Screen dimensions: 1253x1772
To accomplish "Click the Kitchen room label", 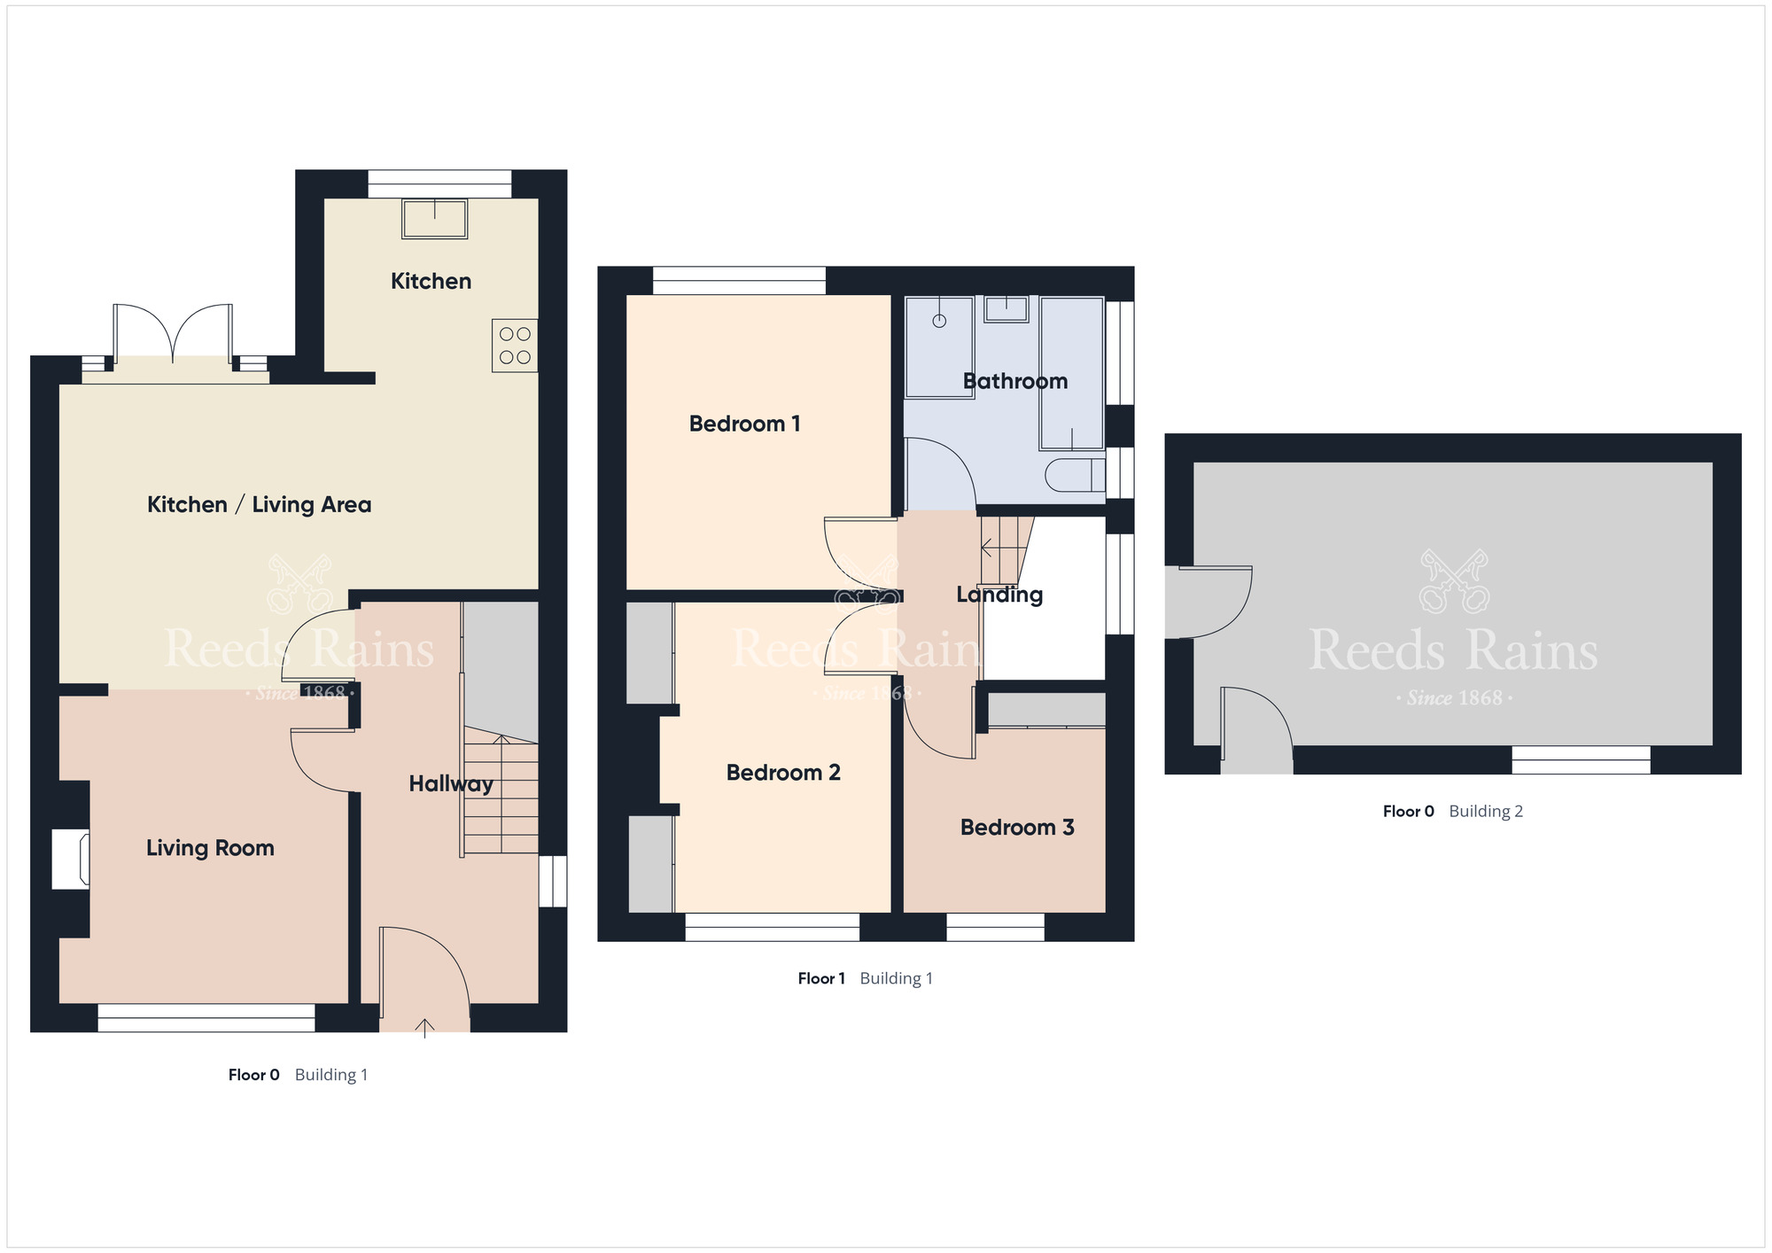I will coord(431,281).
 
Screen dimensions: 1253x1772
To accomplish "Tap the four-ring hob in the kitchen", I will coord(515,346).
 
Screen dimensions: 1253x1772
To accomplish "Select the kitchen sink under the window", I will coord(434,219).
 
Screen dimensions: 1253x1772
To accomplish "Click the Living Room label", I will coord(210,848).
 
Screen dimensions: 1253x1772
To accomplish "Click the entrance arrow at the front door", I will coord(424,1028).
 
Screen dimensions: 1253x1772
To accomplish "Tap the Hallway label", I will coord(450,783).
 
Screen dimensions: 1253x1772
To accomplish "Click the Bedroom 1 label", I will coord(744,424).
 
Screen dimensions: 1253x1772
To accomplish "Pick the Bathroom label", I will coord(1014,381).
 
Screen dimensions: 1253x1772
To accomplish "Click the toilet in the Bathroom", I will coord(1075,476).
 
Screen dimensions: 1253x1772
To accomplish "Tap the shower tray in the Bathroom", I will coord(939,347).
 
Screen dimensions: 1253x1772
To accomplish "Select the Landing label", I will coord(999,595).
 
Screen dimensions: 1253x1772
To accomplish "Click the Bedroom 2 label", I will coord(782,773).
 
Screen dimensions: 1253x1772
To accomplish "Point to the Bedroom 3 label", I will coord(1016,828).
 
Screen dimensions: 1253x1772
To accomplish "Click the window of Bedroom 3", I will coord(995,927).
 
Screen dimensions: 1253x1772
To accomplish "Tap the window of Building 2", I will coord(1580,759).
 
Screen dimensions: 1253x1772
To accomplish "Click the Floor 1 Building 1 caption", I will coord(865,978).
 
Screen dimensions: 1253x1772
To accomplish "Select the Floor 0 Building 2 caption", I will coord(1452,811).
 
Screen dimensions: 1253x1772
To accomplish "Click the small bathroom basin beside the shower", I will coord(1006,309).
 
